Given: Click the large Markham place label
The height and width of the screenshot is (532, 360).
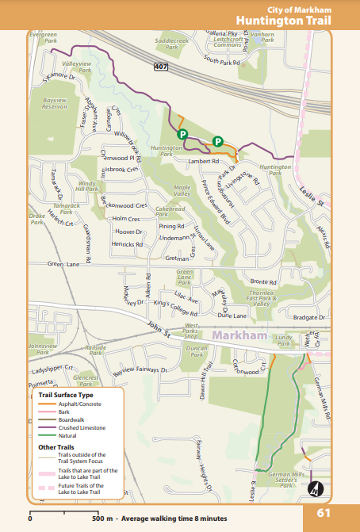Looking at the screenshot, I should click(x=240, y=336).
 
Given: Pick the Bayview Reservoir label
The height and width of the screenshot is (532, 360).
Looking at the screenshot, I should click(x=54, y=103).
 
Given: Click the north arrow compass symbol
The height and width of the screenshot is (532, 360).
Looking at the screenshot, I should click(x=315, y=488).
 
